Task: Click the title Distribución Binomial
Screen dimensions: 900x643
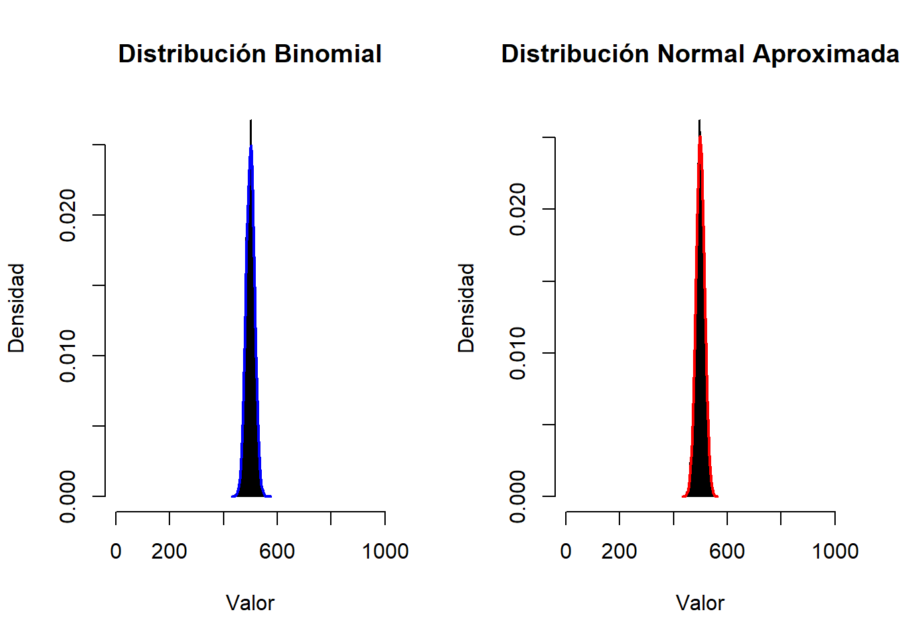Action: click(x=250, y=54)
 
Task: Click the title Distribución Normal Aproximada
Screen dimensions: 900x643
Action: click(x=700, y=54)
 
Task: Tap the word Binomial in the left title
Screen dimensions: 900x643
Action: click(x=328, y=54)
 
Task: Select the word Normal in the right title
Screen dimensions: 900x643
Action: click(x=700, y=54)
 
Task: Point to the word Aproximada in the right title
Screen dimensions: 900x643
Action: click(x=826, y=55)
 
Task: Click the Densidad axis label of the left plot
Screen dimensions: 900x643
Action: click(x=17, y=308)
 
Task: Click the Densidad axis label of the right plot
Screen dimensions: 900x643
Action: click(x=467, y=308)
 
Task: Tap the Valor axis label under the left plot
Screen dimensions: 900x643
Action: click(x=250, y=603)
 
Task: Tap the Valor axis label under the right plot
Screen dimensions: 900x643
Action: click(x=700, y=603)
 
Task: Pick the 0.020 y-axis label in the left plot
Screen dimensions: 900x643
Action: click(x=68, y=216)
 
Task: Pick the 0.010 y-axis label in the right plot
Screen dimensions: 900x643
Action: click(x=518, y=353)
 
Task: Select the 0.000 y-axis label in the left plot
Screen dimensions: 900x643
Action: click(x=68, y=497)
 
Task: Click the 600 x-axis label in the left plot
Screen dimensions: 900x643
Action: click(x=277, y=551)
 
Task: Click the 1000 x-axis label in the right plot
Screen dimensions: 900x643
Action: click(x=835, y=551)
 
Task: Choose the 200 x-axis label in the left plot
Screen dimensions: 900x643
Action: click(x=169, y=551)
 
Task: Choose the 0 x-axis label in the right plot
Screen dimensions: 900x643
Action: click(x=566, y=551)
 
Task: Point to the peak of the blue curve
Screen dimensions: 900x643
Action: click(x=251, y=145)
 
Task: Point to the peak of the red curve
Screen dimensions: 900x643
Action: click(x=700, y=137)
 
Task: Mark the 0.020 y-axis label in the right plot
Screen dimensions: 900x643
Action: click(x=518, y=209)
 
